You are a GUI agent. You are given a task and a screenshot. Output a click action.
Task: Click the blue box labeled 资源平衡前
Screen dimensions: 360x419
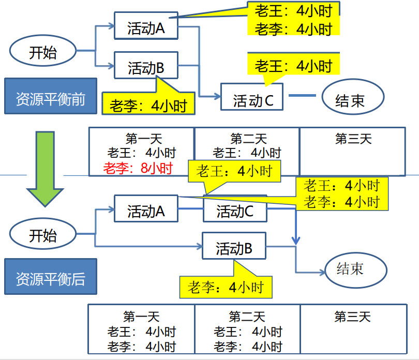[51, 96]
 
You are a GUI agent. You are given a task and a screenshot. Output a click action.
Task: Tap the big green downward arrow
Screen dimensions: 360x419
[46, 166]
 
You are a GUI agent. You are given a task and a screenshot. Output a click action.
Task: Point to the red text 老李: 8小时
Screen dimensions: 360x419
[137, 168]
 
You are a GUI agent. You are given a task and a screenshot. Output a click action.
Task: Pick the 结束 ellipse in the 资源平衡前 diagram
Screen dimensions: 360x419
[353, 98]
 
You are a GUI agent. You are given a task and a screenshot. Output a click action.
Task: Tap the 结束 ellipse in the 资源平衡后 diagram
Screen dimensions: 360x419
[356, 269]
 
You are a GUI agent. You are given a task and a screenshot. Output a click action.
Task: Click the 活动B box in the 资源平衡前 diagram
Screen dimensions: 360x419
[146, 67]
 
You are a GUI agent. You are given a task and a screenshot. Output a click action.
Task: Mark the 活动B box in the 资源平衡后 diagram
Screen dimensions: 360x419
[234, 249]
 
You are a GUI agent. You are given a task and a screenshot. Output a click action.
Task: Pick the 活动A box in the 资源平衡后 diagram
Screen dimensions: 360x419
[146, 211]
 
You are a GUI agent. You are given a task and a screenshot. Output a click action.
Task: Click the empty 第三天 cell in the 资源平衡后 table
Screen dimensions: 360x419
[353, 329]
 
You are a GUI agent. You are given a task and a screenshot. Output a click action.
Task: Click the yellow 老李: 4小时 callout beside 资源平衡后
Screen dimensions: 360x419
[226, 287]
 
